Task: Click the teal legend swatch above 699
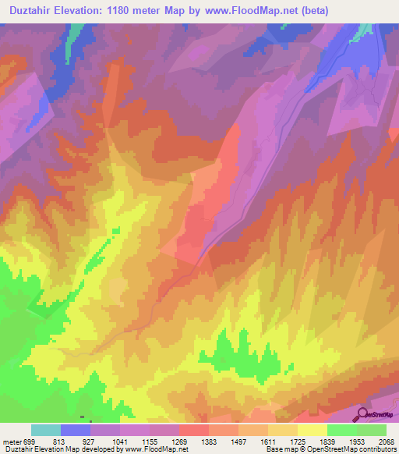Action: coord(45,430)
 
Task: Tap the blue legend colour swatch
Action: coord(75,430)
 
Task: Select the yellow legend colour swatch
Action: coord(312,430)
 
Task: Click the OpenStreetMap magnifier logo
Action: coord(362,415)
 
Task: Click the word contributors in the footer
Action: coord(378,449)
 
